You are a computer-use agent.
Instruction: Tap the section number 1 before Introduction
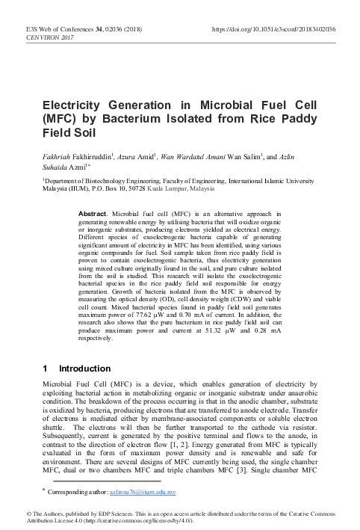tap(46, 369)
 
